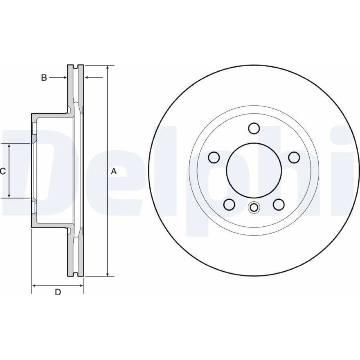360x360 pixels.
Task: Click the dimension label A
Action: pos(114,171)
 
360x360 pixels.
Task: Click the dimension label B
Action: pos(44,78)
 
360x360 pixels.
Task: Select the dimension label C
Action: pos(3,171)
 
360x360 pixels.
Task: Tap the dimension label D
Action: pos(58,292)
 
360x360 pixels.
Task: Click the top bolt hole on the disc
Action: pos(254,128)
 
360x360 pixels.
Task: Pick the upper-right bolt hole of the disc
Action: pos(294,158)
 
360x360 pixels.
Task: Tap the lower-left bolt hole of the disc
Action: pos(229,204)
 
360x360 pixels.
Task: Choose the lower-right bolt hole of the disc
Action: pos(279,204)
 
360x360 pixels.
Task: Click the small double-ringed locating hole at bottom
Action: pos(254,207)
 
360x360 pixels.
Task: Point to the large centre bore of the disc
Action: pos(254,170)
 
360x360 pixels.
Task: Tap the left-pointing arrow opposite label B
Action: pos(94,78)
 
